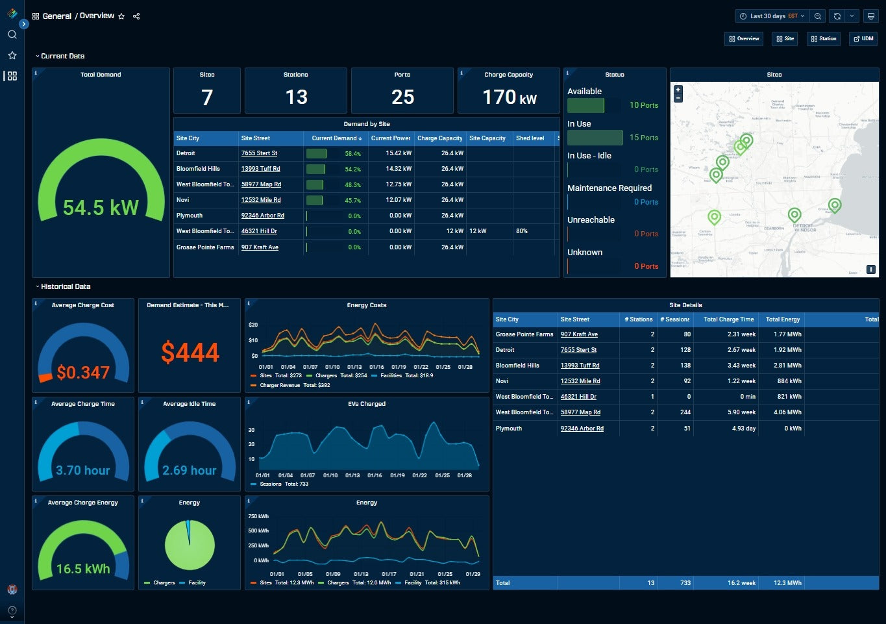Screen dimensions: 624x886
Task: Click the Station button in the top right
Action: tap(823, 39)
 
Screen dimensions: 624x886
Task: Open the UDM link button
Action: tap(863, 39)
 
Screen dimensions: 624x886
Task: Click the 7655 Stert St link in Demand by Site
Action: tap(259, 153)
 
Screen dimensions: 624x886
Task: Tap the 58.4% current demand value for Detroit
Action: tap(352, 154)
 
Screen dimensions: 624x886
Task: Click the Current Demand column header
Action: tap(334, 138)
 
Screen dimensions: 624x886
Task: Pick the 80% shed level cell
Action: tap(522, 231)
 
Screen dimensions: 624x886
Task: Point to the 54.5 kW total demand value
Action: tap(101, 208)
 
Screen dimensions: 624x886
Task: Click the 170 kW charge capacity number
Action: tap(509, 97)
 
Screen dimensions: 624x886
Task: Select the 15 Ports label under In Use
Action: tap(643, 138)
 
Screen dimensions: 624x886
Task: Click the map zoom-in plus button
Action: tap(678, 90)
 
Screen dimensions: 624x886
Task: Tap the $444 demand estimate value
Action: tap(190, 353)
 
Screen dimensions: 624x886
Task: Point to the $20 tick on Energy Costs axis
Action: tap(253, 325)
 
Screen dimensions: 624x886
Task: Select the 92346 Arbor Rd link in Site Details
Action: tap(582, 429)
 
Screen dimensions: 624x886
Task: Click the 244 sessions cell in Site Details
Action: tap(684, 412)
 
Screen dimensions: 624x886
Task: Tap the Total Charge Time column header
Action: tap(728, 319)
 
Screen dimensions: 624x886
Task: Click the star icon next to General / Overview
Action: tap(121, 16)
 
